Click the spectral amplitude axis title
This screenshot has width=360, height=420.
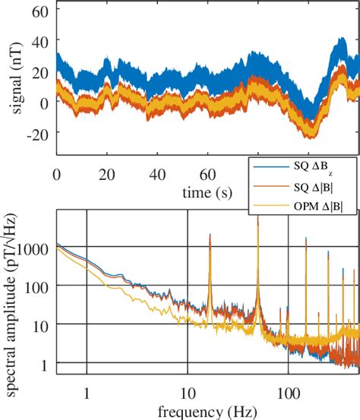[13, 304]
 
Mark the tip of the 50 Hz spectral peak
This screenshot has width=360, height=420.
[257, 216]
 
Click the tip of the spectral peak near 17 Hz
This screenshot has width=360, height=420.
[210, 235]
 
